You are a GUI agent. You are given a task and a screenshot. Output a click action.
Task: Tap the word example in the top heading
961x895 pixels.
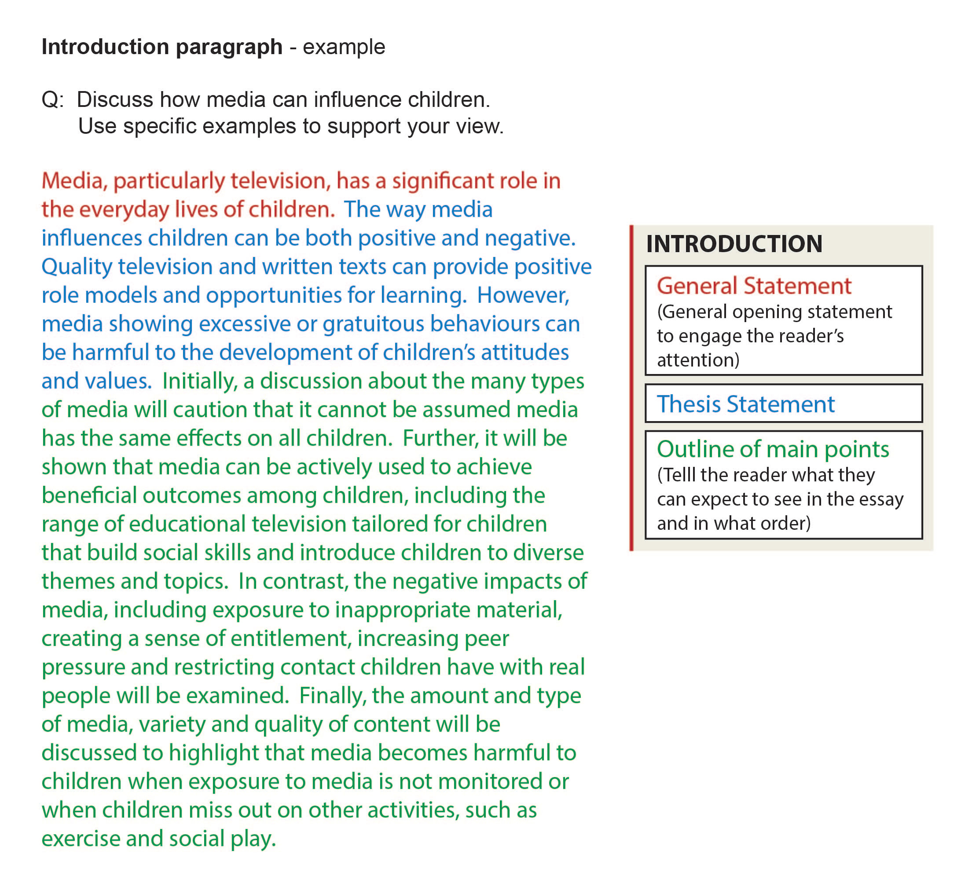pyautogui.click(x=344, y=47)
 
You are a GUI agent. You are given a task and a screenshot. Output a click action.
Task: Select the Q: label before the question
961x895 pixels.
pyautogui.click(x=52, y=99)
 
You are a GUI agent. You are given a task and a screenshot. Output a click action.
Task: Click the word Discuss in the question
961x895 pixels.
pyautogui.click(x=114, y=99)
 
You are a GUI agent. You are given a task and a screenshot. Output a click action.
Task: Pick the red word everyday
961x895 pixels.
pyautogui.click(x=124, y=209)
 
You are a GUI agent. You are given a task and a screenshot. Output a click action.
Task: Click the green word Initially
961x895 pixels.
pyautogui.click(x=200, y=381)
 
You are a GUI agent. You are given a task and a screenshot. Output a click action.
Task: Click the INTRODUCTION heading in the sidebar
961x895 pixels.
pyautogui.click(x=734, y=244)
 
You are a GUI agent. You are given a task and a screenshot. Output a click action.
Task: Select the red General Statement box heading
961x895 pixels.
pyautogui.click(x=754, y=286)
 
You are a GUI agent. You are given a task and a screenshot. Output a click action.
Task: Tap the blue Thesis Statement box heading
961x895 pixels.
pyautogui.click(x=745, y=404)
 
